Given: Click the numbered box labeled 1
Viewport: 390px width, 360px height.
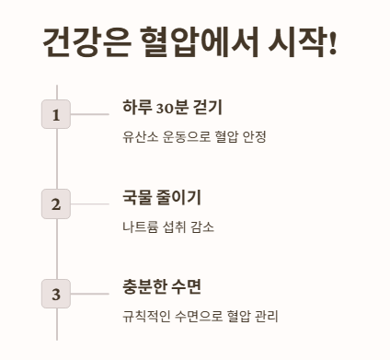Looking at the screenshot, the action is [x=56, y=114].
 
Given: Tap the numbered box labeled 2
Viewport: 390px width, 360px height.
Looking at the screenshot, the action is [x=56, y=203].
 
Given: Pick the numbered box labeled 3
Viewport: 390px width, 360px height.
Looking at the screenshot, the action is [x=56, y=294].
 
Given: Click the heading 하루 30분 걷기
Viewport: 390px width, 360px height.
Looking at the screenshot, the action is [x=172, y=107].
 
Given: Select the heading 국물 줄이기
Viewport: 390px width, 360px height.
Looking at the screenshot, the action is [x=161, y=197].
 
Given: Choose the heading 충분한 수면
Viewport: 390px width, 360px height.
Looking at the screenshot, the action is [x=161, y=286].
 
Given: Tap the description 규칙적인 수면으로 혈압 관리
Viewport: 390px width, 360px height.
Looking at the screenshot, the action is [x=200, y=317].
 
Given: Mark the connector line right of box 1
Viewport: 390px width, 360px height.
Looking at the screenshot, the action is [x=89, y=114].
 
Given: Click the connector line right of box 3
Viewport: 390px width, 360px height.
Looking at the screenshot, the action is [x=89, y=294].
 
